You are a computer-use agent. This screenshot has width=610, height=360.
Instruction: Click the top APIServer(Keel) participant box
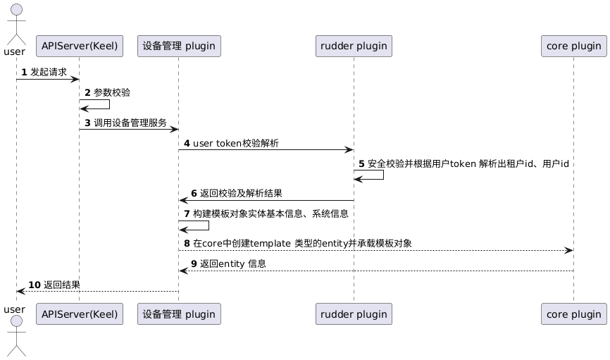(79, 46)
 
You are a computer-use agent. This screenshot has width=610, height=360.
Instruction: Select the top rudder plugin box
(354, 46)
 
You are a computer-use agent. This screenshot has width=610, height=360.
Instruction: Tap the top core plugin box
(573, 46)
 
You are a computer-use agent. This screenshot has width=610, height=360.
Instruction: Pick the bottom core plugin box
(573, 314)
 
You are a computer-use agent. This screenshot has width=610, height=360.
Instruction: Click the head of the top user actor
(16, 10)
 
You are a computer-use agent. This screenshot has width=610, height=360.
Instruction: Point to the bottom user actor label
(14, 309)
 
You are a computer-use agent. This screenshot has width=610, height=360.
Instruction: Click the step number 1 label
(24, 72)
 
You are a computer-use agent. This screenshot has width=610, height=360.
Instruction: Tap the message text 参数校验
(112, 92)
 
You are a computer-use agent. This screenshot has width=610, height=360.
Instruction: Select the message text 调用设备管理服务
(130, 123)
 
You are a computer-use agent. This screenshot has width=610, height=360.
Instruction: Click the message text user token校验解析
(235, 144)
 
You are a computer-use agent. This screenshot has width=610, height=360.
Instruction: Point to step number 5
(362, 163)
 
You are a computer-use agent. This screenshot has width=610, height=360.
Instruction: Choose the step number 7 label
(187, 213)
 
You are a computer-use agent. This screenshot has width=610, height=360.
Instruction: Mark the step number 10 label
(35, 285)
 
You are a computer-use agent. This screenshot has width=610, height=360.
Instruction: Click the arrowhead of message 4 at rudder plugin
(349, 150)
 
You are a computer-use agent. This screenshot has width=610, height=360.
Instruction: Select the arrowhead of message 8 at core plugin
(569, 250)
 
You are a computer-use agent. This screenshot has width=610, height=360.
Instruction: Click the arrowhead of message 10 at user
(20, 291)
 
